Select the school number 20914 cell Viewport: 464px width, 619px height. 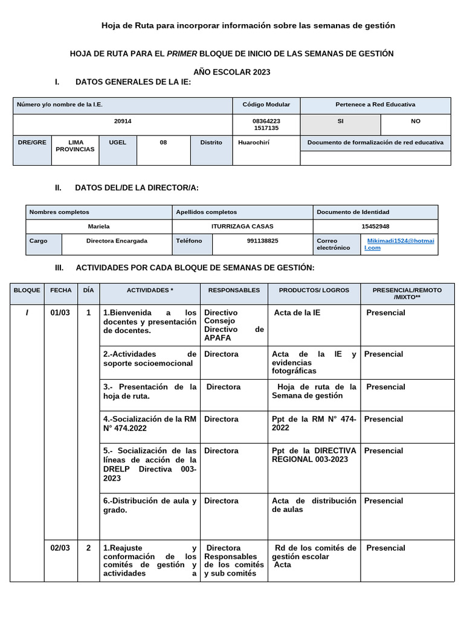point(123,121)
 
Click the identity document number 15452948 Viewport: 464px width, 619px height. point(375,226)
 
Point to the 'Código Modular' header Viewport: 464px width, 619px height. point(266,105)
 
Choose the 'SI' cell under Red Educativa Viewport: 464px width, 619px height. point(341,121)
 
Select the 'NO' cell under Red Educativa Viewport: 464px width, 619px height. point(416,121)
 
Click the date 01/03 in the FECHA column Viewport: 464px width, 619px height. point(60,313)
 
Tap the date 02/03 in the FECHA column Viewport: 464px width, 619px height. point(60,548)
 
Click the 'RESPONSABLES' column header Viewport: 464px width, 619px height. point(234,290)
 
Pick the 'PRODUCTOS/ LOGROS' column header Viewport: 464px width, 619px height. point(314,290)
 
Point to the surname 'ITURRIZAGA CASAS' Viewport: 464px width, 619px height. point(242,226)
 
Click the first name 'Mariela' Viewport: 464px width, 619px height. point(99,226)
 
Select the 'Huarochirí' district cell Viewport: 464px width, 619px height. point(254,143)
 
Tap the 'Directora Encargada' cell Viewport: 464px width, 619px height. point(117,241)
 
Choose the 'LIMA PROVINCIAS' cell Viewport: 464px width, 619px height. point(75,146)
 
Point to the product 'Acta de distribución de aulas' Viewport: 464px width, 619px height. point(314,505)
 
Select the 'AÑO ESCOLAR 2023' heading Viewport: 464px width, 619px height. point(232,72)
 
